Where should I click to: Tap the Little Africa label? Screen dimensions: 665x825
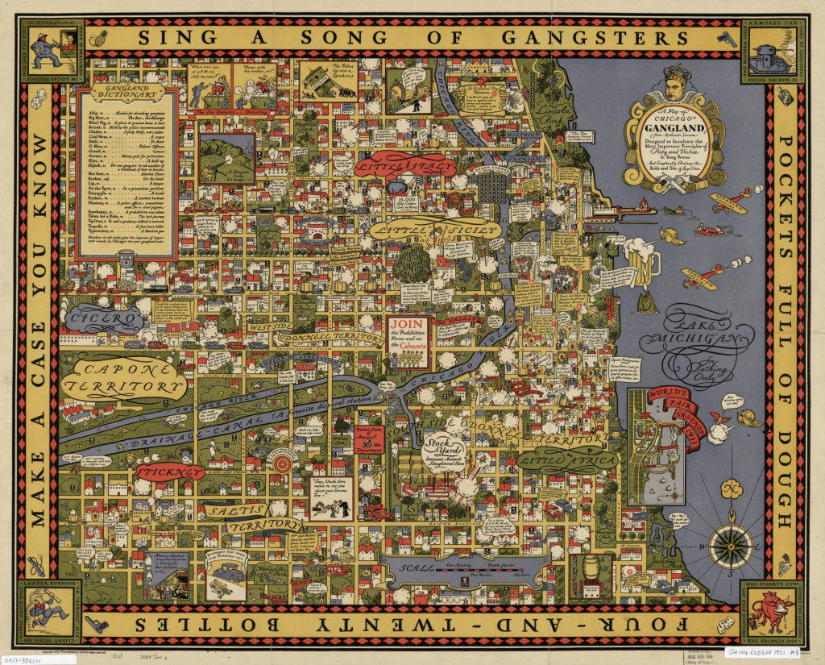click(567, 460)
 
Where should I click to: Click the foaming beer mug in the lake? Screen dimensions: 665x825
click(645, 263)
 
